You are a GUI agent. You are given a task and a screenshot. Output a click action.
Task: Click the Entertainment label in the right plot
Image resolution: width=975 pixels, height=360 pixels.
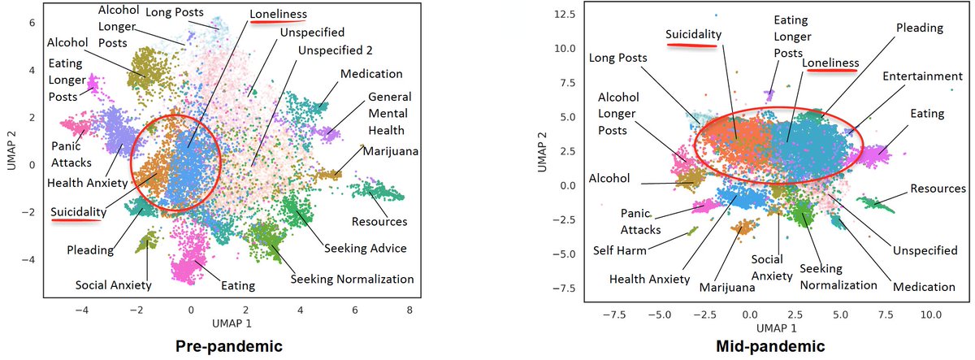tap(924, 76)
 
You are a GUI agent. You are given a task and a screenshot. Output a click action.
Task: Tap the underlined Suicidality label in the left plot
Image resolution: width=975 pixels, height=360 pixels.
tap(77, 212)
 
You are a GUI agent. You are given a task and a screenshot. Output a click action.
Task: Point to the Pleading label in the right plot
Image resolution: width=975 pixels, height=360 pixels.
tap(919, 28)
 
